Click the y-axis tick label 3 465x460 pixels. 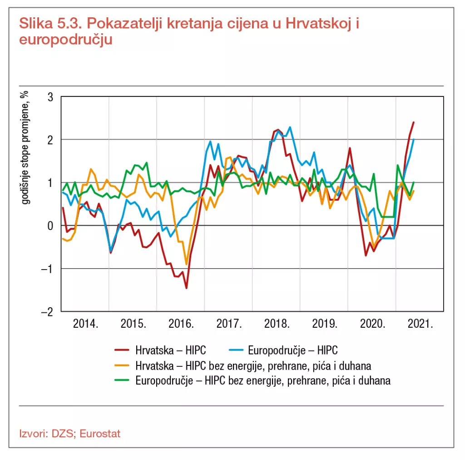(x=50, y=97)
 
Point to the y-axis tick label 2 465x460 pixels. (x=50, y=140)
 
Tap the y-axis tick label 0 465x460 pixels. (x=50, y=226)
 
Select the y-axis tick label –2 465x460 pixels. (x=48, y=312)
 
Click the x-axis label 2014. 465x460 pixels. (x=85, y=325)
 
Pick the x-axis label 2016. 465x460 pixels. (x=181, y=325)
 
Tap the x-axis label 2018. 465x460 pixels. (x=277, y=325)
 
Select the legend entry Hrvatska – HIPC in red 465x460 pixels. (x=170, y=350)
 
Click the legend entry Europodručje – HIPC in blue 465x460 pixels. (x=293, y=350)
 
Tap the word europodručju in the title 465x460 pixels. (x=65, y=40)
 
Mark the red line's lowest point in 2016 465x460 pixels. (x=186, y=288)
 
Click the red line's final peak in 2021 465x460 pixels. (x=414, y=122)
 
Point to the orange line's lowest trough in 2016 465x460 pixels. (x=186, y=264)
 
